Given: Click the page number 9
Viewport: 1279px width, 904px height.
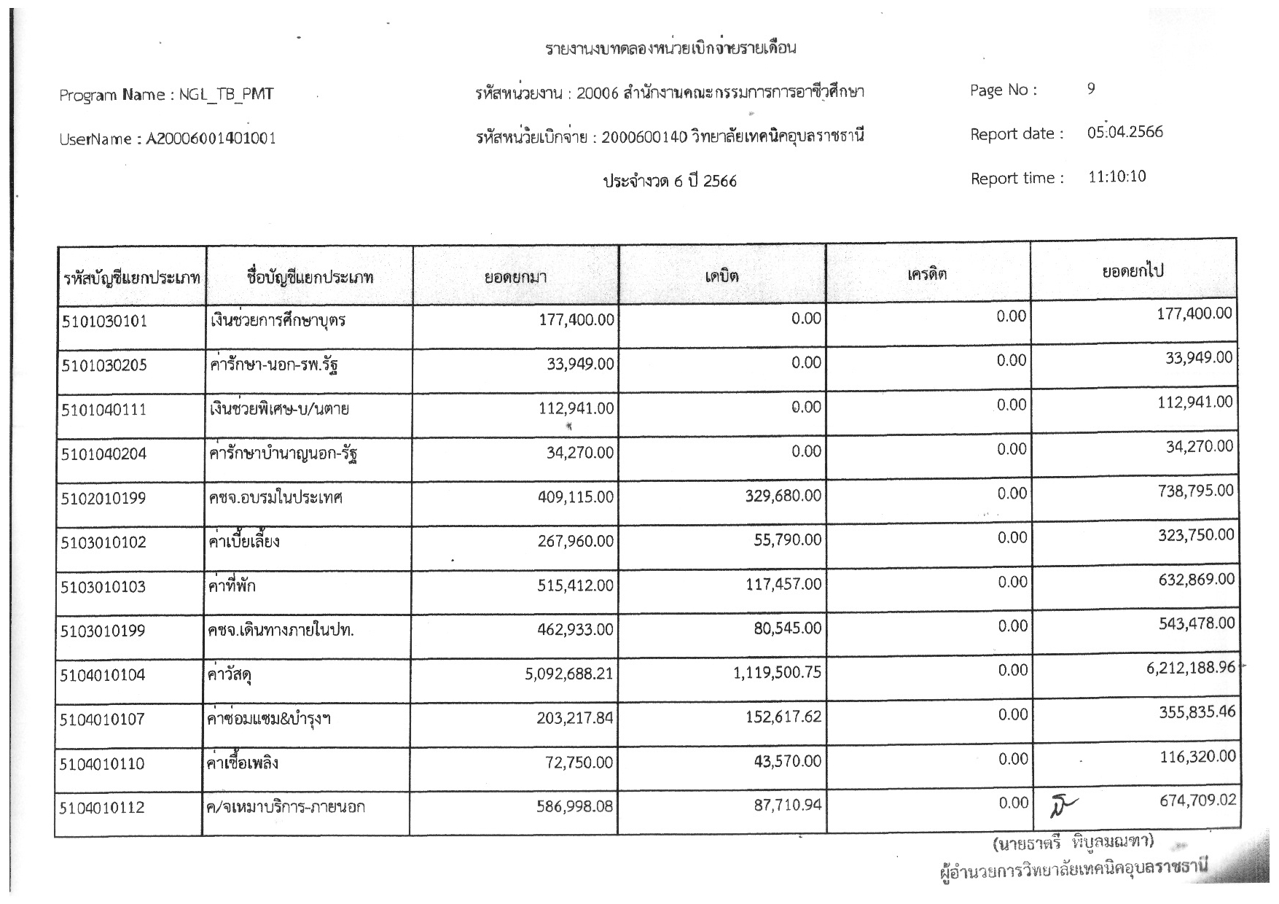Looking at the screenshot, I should click(x=1091, y=89).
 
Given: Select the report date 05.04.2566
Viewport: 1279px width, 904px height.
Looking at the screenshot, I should click(x=1124, y=133).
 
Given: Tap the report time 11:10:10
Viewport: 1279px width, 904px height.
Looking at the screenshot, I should click(x=1116, y=177).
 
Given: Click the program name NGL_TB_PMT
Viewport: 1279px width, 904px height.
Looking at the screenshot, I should click(x=226, y=94).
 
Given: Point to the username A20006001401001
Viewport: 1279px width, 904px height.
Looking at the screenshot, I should click(x=211, y=139).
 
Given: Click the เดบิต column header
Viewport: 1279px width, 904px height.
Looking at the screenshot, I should click(x=721, y=276).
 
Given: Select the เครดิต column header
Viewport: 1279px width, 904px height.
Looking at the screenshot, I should click(x=927, y=274).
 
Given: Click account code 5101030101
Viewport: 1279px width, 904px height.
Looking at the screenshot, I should click(x=105, y=321).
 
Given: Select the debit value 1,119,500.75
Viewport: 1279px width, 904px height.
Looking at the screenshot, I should click(x=777, y=673).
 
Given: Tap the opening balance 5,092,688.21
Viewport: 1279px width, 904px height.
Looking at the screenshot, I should click(x=568, y=674).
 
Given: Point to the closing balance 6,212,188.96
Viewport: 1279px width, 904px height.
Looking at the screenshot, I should click(x=1190, y=667).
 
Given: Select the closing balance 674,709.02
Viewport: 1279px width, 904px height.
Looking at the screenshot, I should click(x=1197, y=800).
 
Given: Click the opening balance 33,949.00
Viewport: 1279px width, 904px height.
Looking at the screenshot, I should click(x=580, y=364).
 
